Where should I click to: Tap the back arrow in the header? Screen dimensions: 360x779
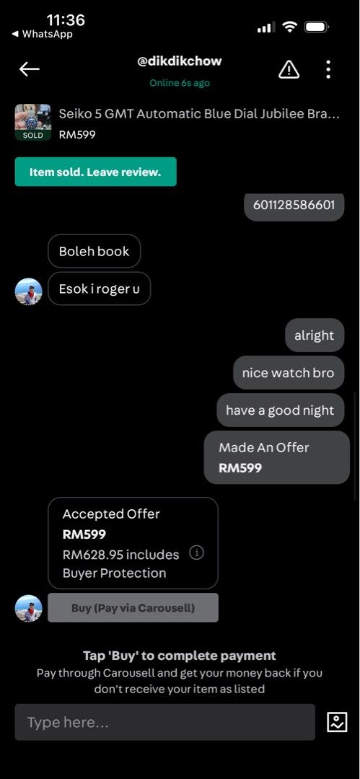point(29,69)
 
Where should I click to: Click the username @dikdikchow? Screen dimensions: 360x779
point(180,61)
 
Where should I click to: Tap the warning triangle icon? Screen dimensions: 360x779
point(289,69)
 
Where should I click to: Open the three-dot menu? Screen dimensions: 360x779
point(328,69)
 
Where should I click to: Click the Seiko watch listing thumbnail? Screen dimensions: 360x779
point(32,122)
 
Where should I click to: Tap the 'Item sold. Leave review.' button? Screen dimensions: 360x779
point(95,172)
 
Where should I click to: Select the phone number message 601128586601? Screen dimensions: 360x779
point(294,205)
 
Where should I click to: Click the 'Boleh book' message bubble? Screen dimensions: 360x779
point(94,252)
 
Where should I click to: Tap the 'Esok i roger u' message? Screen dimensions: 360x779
point(99,289)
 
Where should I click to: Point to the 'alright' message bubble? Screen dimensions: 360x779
point(315,335)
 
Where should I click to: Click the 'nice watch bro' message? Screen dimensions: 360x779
point(289,373)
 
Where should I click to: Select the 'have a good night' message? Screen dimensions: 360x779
point(280,410)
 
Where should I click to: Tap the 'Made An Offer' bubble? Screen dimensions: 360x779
point(276,457)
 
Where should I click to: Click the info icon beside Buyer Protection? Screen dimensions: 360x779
point(196,553)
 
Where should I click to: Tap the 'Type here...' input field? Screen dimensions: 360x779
point(164,722)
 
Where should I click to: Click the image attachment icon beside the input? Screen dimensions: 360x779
point(337,722)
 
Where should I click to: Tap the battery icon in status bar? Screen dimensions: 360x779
point(316,27)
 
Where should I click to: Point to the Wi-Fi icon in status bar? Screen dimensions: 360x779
point(289,27)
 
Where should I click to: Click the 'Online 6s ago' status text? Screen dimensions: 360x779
point(180,83)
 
